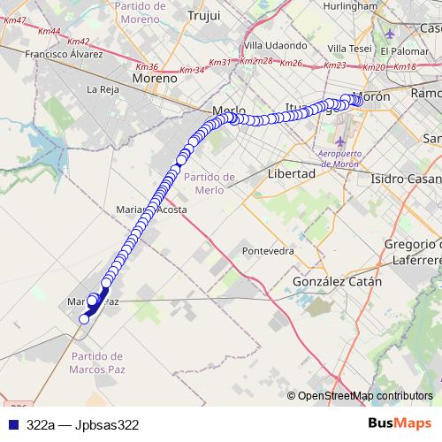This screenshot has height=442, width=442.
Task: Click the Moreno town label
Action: [x=155, y=78]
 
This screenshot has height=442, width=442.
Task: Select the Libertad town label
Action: [x=291, y=174]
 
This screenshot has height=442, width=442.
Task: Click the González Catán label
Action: [x=337, y=282]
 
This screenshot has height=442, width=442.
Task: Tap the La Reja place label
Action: [x=103, y=89]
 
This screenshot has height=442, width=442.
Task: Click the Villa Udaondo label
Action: [x=275, y=45]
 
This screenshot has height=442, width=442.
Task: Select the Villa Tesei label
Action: [x=349, y=48]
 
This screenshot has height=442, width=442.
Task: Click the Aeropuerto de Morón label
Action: [x=343, y=157]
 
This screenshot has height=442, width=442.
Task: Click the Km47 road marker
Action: [x=15, y=19]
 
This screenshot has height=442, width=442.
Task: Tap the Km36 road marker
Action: [x=147, y=66]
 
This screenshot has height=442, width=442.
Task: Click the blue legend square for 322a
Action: [x=12, y=424]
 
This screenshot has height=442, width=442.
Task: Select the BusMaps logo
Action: [x=400, y=423]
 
